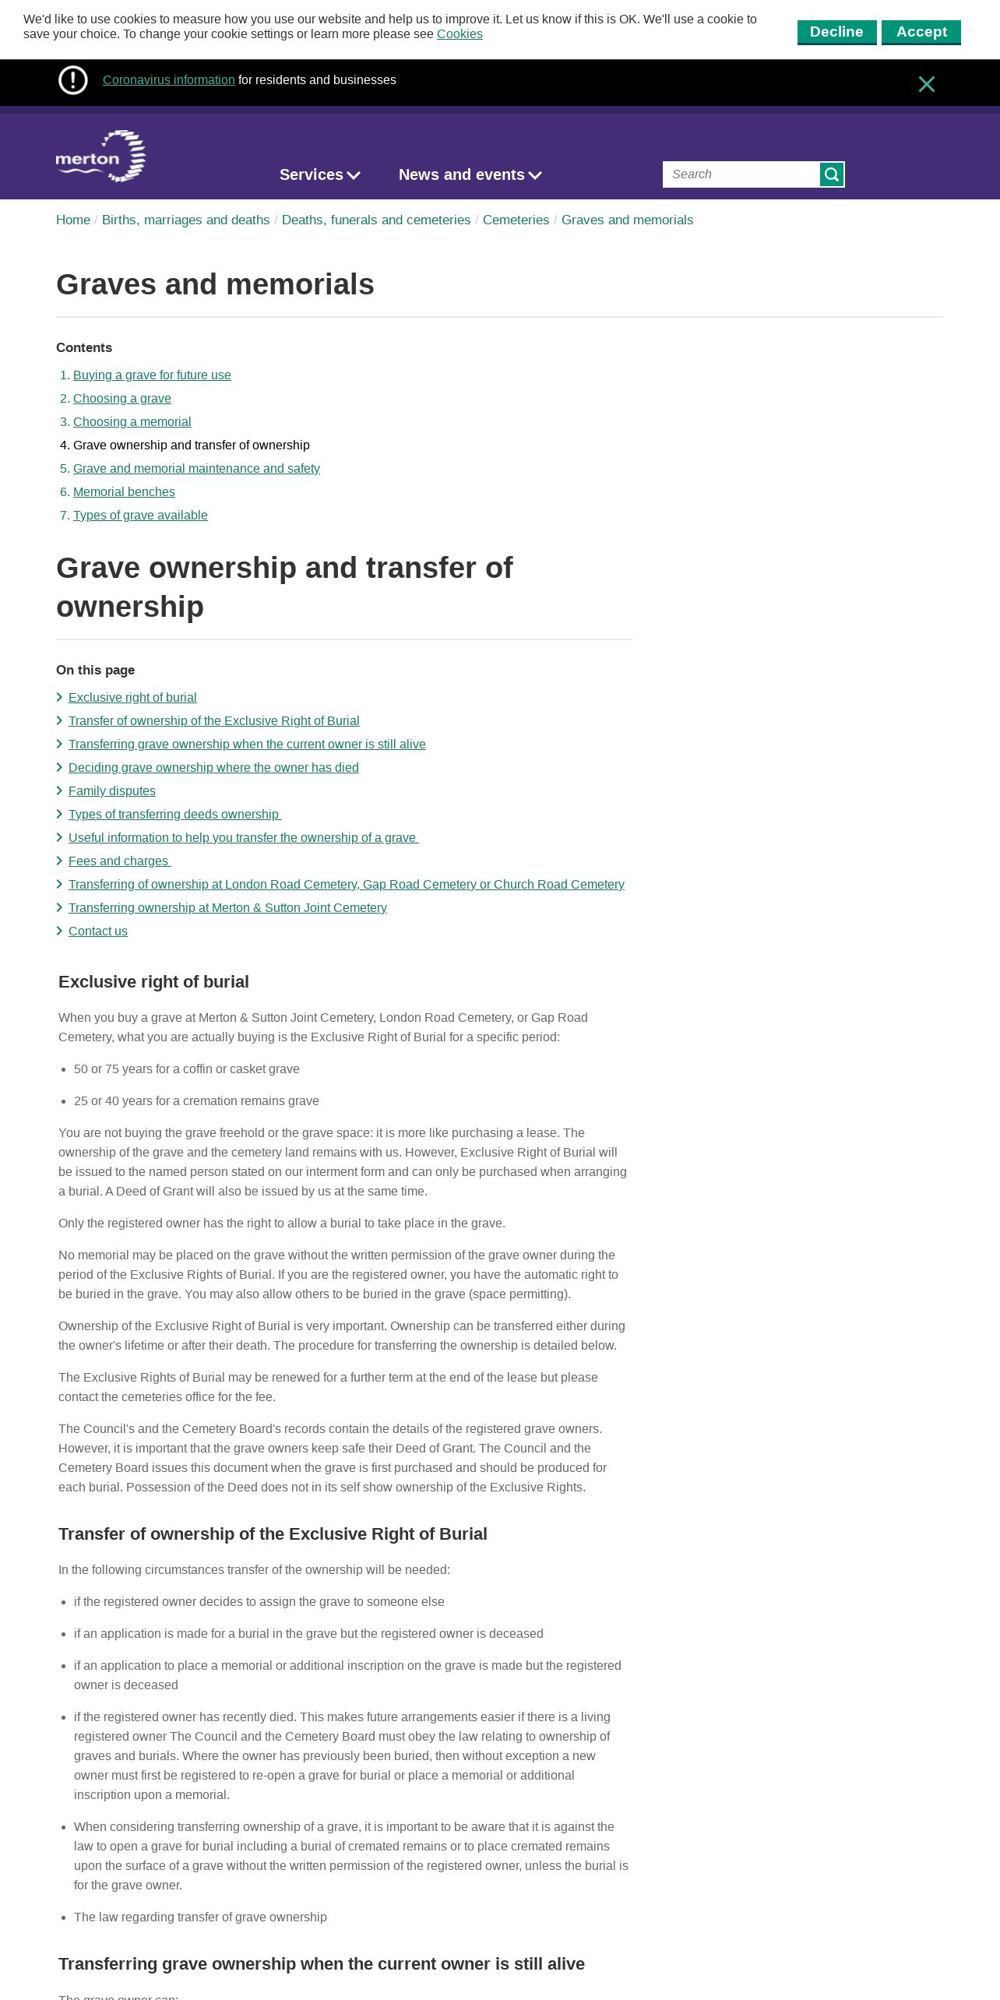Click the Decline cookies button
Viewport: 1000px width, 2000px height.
(836, 32)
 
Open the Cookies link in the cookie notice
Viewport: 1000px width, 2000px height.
(460, 34)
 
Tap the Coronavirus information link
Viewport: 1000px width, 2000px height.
(168, 80)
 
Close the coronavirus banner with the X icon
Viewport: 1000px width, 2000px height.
(926, 84)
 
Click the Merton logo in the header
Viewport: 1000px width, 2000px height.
(100, 157)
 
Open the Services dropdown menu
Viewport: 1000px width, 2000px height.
(319, 175)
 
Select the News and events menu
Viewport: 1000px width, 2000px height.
(470, 175)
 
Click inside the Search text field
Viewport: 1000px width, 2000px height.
(741, 174)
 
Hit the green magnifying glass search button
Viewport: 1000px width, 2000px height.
(832, 174)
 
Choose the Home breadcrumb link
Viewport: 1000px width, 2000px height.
(73, 220)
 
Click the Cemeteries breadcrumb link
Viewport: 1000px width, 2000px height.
(516, 220)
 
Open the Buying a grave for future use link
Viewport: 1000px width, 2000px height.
(152, 375)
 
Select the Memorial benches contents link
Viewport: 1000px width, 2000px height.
(124, 492)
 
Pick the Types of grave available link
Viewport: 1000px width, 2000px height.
(140, 516)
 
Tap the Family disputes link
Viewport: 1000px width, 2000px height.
(112, 791)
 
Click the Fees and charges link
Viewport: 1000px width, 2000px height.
(119, 861)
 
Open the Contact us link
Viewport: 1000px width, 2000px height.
(98, 931)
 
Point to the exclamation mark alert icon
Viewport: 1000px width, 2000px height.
(73, 80)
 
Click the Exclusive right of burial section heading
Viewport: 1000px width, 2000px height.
(153, 982)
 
